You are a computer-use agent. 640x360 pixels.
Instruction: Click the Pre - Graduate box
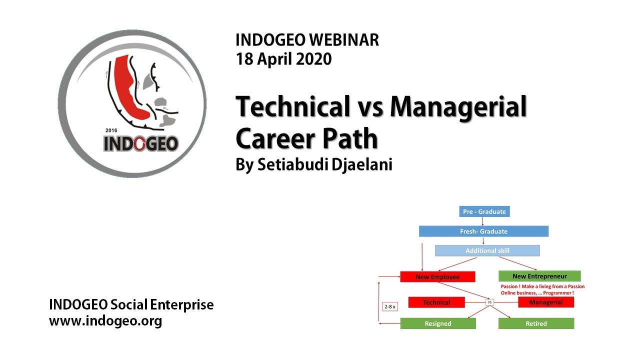point(484,211)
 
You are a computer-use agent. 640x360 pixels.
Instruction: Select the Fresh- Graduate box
point(483,231)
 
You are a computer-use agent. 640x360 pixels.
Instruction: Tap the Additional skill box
point(487,250)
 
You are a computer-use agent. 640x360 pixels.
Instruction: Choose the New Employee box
point(437,276)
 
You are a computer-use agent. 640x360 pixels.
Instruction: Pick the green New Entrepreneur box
point(539,276)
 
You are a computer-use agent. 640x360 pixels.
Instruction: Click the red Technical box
point(436,302)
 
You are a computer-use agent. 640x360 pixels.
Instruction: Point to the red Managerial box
point(545,302)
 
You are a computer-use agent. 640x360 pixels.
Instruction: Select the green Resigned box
point(438,323)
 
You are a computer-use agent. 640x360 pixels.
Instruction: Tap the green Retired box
point(536,323)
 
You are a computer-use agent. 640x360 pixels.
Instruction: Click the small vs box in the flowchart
point(490,302)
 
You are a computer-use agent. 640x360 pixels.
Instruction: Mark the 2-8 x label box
point(389,306)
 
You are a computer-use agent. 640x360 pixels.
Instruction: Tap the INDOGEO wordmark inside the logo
point(140,144)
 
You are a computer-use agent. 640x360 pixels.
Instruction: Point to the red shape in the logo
point(131,90)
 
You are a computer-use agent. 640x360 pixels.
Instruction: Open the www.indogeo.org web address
point(105,321)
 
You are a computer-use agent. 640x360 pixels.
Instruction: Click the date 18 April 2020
point(283,59)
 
